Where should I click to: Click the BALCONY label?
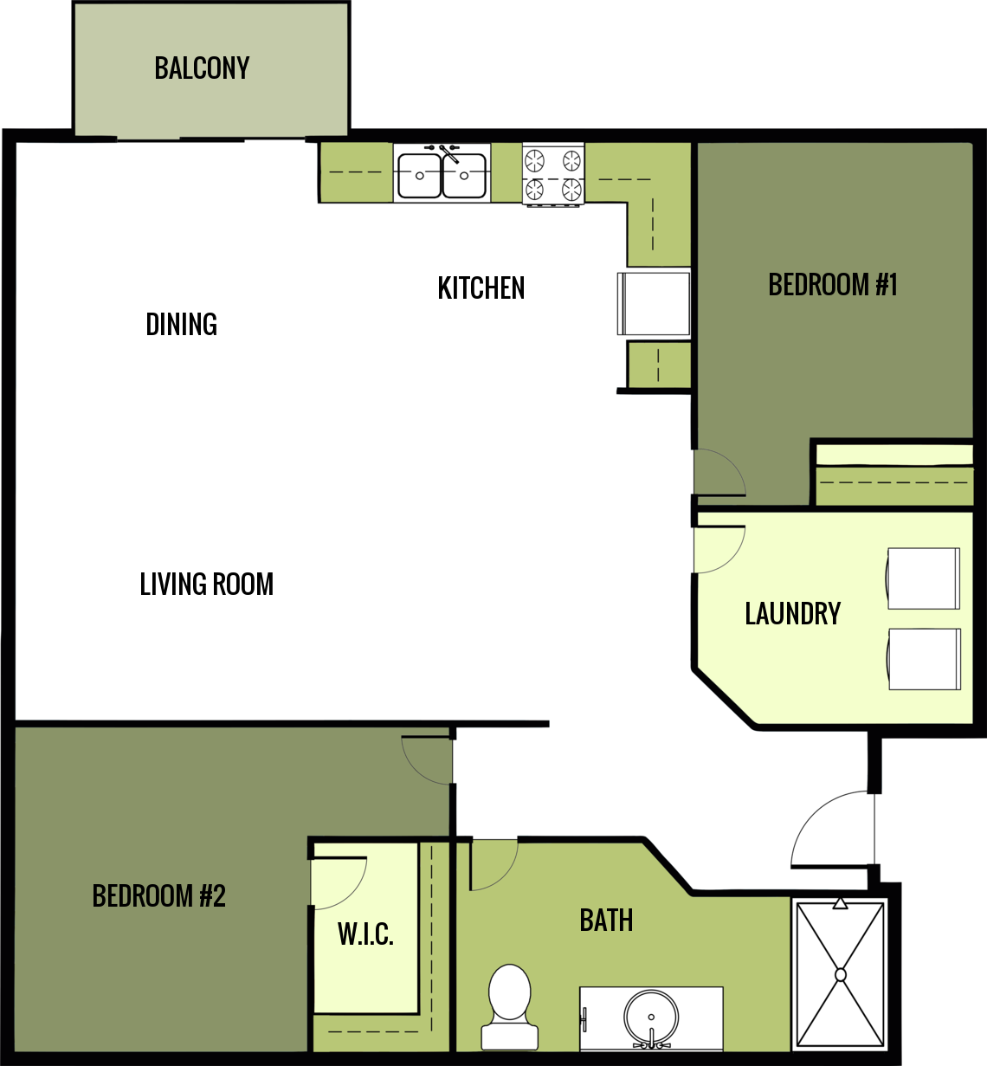click(202, 68)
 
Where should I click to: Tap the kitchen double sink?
click(442, 174)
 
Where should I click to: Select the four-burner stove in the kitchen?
click(553, 174)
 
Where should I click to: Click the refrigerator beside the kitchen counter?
click(654, 303)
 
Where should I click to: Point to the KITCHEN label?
click(481, 287)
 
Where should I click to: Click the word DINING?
click(181, 324)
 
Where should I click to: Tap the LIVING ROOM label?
click(206, 584)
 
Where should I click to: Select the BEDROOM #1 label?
click(832, 284)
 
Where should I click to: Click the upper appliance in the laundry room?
click(923, 578)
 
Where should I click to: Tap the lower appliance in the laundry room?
click(923, 659)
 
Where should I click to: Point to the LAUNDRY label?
click(792, 613)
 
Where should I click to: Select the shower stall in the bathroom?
click(840, 974)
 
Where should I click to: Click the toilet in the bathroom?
click(510, 1005)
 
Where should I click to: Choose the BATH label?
click(606, 920)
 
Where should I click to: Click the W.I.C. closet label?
click(365, 934)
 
